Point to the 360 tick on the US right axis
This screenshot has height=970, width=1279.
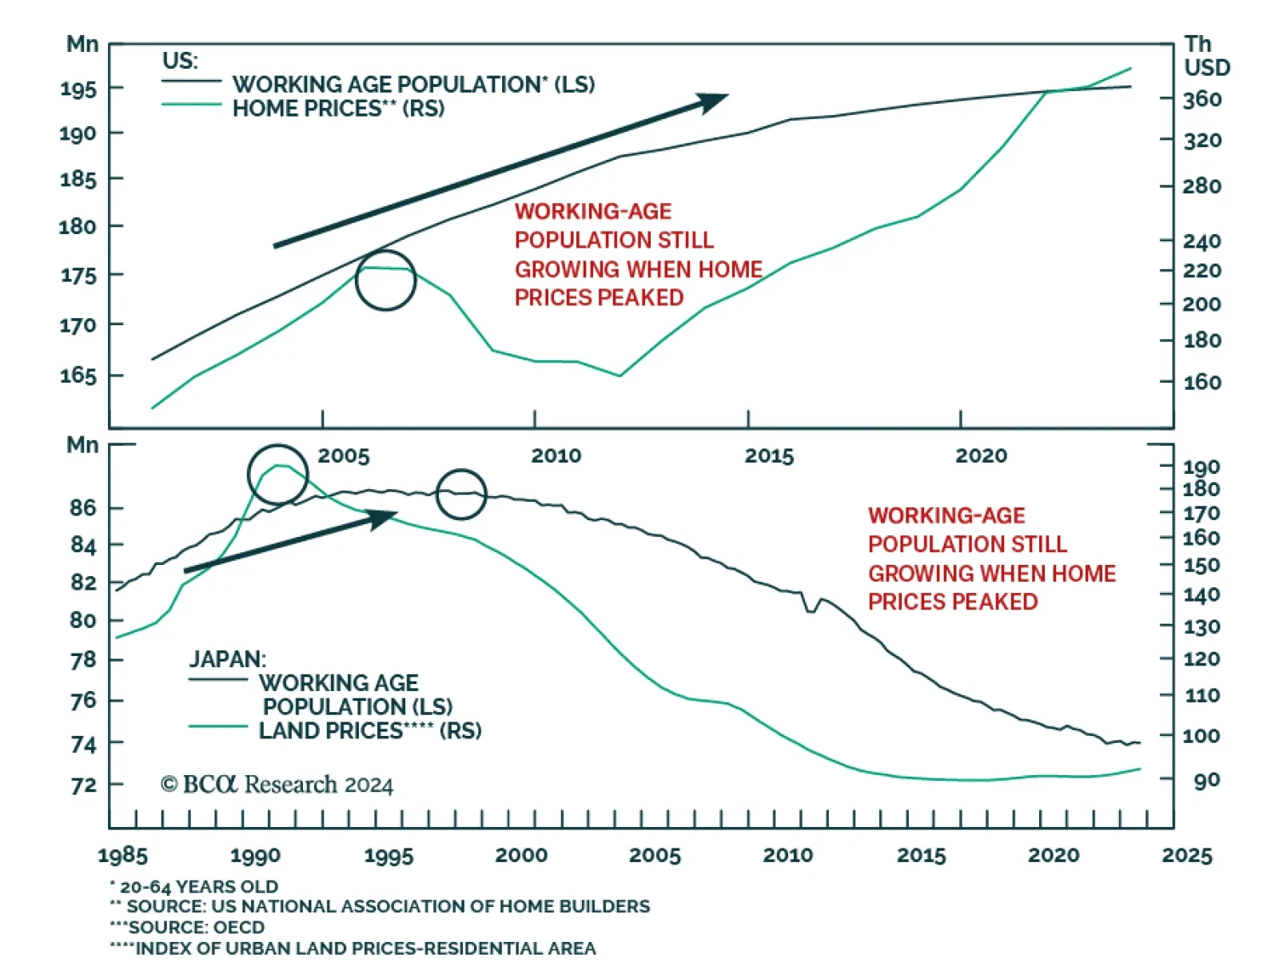tap(1202, 99)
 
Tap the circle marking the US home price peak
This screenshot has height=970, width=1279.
tap(385, 280)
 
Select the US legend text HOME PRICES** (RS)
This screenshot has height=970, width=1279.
tap(338, 109)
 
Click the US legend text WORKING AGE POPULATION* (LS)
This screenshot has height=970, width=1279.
tap(413, 84)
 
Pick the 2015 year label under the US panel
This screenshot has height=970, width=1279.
tap(769, 456)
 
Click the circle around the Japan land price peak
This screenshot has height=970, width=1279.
tap(277, 475)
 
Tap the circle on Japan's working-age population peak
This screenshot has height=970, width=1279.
tap(461, 494)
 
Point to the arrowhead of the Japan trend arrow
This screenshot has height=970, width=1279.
tap(384, 518)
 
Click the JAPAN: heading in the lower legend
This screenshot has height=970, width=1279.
tap(227, 659)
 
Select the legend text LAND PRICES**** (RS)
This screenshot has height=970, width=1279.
tap(370, 730)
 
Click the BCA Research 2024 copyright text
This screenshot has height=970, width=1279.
tap(277, 785)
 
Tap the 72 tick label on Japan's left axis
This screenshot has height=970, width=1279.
tap(83, 785)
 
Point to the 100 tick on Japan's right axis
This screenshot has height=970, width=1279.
tap(1201, 736)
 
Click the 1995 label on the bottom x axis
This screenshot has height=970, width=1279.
tap(388, 856)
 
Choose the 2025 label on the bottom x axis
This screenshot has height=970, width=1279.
tap(1186, 856)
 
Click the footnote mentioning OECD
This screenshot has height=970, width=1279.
tap(188, 928)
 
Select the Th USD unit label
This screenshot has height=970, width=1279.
tap(1205, 56)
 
